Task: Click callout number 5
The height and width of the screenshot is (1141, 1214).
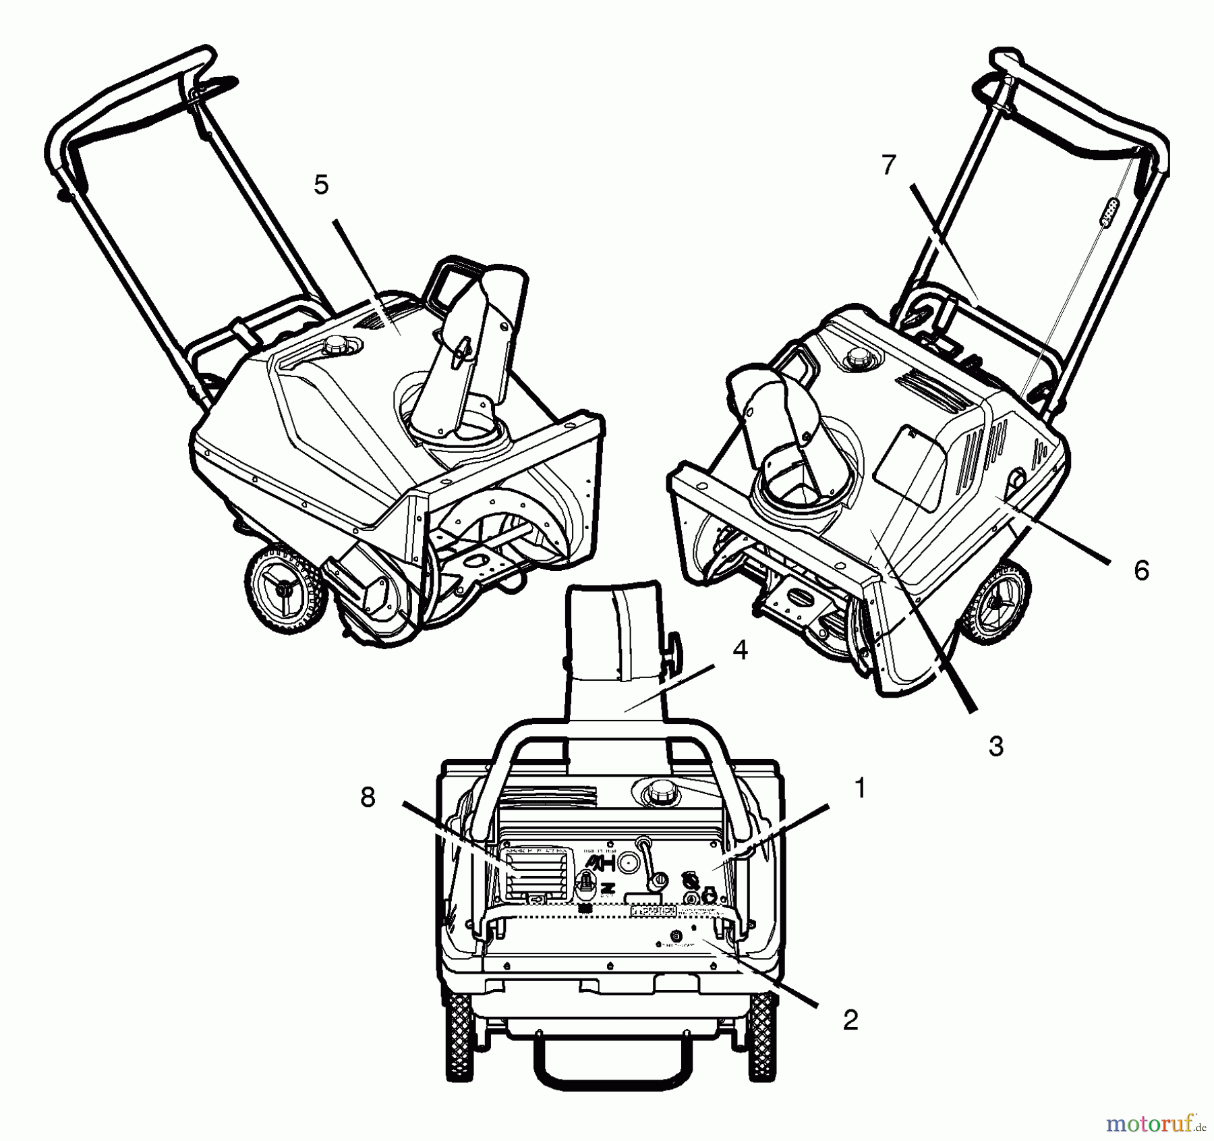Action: tap(321, 185)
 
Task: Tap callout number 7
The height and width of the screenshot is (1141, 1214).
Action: tap(889, 165)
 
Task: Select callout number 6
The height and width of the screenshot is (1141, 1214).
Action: tap(1140, 570)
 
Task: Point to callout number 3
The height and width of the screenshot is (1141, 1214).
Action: tap(995, 746)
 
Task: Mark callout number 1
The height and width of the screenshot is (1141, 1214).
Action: tap(859, 787)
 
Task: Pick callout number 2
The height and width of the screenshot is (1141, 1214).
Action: tap(850, 1020)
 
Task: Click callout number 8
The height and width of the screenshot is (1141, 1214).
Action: tap(368, 798)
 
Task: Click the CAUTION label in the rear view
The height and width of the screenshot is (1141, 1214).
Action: tap(652, 911)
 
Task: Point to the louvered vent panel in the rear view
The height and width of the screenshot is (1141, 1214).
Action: tap(537, 874)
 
